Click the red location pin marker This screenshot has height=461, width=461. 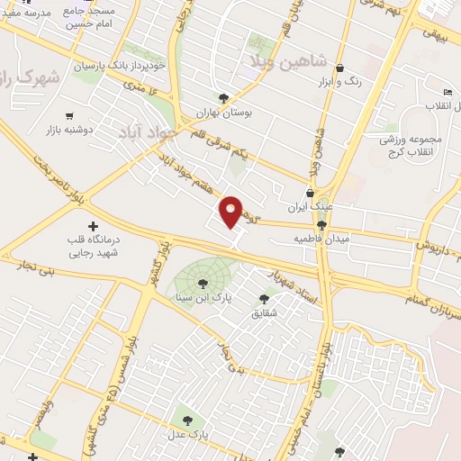[x=231, y=212]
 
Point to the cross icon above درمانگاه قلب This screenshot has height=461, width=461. [x=93, y=225]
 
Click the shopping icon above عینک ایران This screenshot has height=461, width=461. [x=311, y=192]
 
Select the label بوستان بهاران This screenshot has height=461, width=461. [x=222, y=115]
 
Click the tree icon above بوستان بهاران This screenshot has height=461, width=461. [x=223, y=98]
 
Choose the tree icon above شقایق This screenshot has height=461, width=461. [x=265, y=299]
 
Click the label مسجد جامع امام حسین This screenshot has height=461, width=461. [x=96, y=19]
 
